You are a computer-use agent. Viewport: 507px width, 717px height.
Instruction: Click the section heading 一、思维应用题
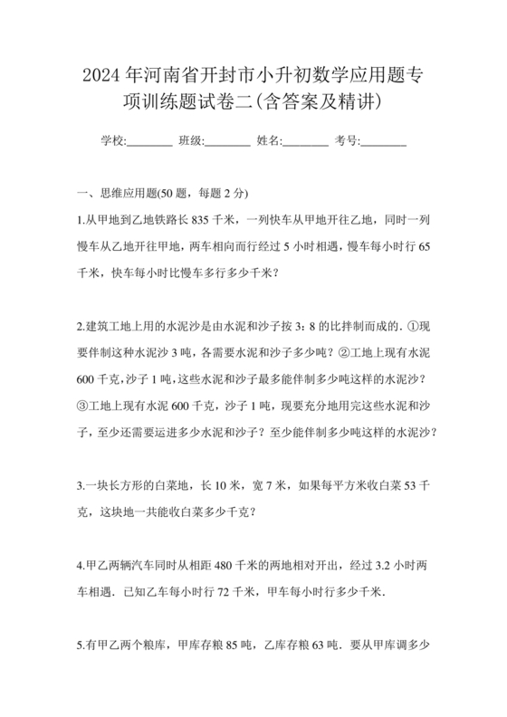coord(118,194)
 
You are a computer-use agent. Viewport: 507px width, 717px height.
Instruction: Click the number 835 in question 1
coord(205,220)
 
